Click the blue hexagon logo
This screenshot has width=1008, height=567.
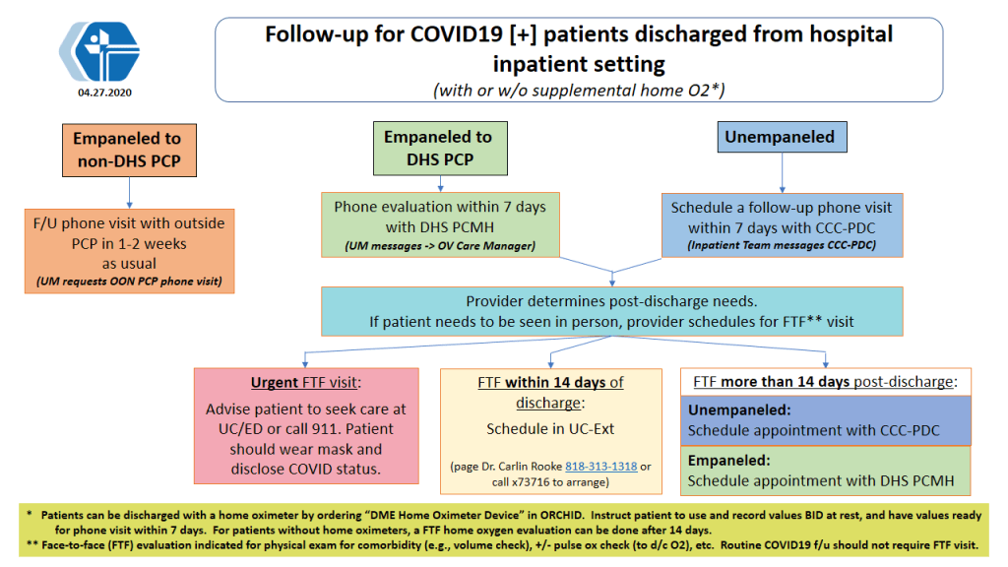click(x=99, y=51)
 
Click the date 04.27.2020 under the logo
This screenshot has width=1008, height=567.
click(x=104, y=93)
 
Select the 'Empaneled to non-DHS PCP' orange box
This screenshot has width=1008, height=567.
click(x=129, y=151)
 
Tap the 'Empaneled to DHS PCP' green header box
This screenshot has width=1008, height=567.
click(x=440, y=149)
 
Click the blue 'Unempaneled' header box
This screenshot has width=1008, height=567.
click(x=783, y=137)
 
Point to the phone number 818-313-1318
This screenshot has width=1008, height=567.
click(x=601, y=466)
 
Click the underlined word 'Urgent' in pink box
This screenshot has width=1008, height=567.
click(x=275, y=383)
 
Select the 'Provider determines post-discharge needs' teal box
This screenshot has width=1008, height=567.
click(x=612, y=311)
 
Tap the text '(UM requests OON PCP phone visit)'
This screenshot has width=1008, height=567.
click(x=129, y=282)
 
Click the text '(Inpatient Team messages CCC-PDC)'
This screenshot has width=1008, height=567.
click(x=782, y=245)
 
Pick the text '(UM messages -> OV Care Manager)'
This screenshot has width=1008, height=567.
click(x=440, y=245)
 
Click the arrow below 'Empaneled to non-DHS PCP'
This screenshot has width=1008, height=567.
click(x=129, y=193)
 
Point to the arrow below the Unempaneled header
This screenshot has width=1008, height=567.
click(x=783, y=173)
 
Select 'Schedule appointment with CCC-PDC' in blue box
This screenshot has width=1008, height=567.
click(x=814, y=431)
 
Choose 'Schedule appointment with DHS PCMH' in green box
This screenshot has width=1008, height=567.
click(x=821, y=480)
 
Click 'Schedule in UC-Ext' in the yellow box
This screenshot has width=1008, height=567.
click(x=550, y=429)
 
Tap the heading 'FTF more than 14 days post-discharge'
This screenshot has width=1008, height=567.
click(x=826, y=382)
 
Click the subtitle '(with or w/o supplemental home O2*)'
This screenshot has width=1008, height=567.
click(x=579, y=90)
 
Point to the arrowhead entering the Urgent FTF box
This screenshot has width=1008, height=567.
click(x=305, y=364)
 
